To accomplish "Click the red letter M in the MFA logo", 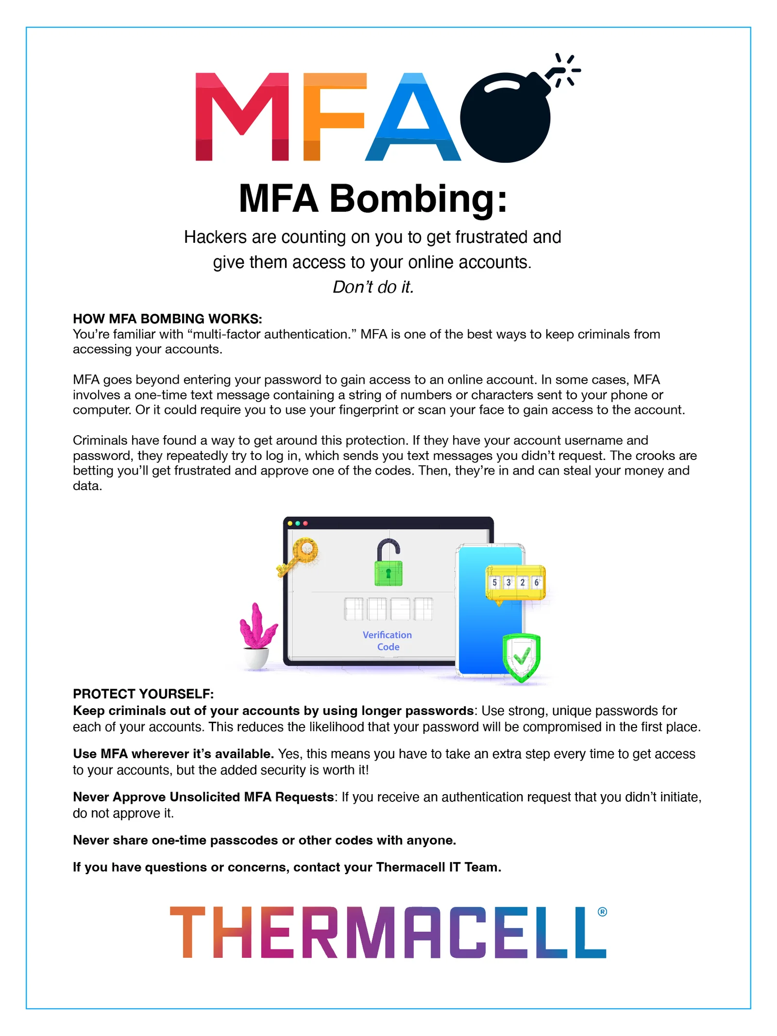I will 241,117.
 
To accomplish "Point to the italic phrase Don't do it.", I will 373,287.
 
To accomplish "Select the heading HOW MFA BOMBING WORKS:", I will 167,319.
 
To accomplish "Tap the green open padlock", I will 388,566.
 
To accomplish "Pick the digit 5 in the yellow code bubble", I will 494,582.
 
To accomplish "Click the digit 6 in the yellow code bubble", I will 537,582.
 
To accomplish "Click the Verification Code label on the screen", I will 388,641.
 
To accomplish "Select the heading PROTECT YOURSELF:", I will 143,694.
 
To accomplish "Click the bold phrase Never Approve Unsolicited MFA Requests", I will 203,797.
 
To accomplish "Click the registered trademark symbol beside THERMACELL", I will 602,912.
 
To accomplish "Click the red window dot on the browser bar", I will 305,524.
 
